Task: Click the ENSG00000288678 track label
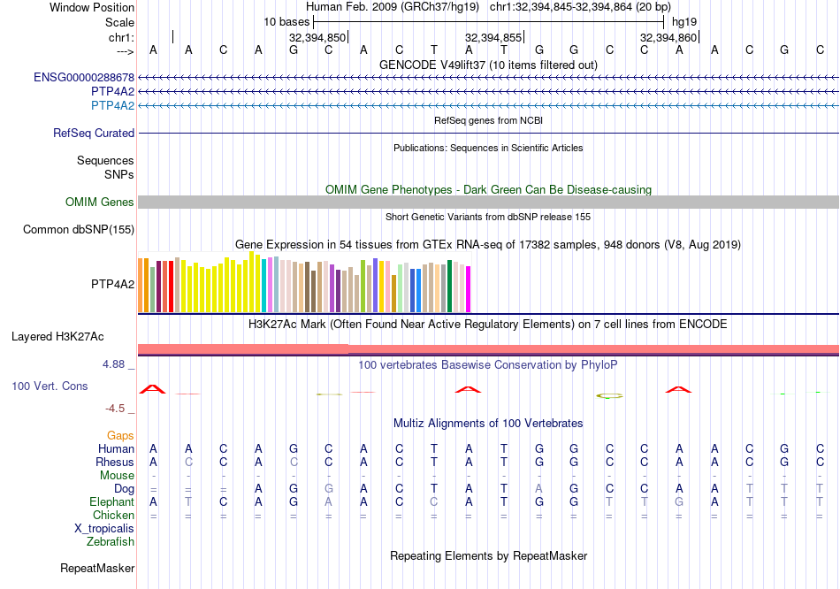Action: [x=84, y=78]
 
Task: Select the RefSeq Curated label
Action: [x=94, y=134]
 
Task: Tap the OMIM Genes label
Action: [x=100, y=203]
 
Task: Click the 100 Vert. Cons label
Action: [x=50, y=386]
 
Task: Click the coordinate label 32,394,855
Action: [x=493, y=37]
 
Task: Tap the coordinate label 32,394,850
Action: [x=317, y=37]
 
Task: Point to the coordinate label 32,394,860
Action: [x=669, y=37]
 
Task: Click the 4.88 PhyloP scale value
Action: [x=118, y=363]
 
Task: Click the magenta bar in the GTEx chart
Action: [x=469, y=289]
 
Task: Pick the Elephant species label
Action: [x=111, y=501]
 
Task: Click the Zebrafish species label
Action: [x=111, y=541]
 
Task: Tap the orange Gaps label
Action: [x=120, y=435]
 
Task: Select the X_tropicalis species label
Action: [x=104, y=528]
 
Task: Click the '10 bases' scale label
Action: [x=286, y=20]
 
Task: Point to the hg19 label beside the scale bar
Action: [x=683, y=20]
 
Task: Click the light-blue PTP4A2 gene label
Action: [x=112, y=106]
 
